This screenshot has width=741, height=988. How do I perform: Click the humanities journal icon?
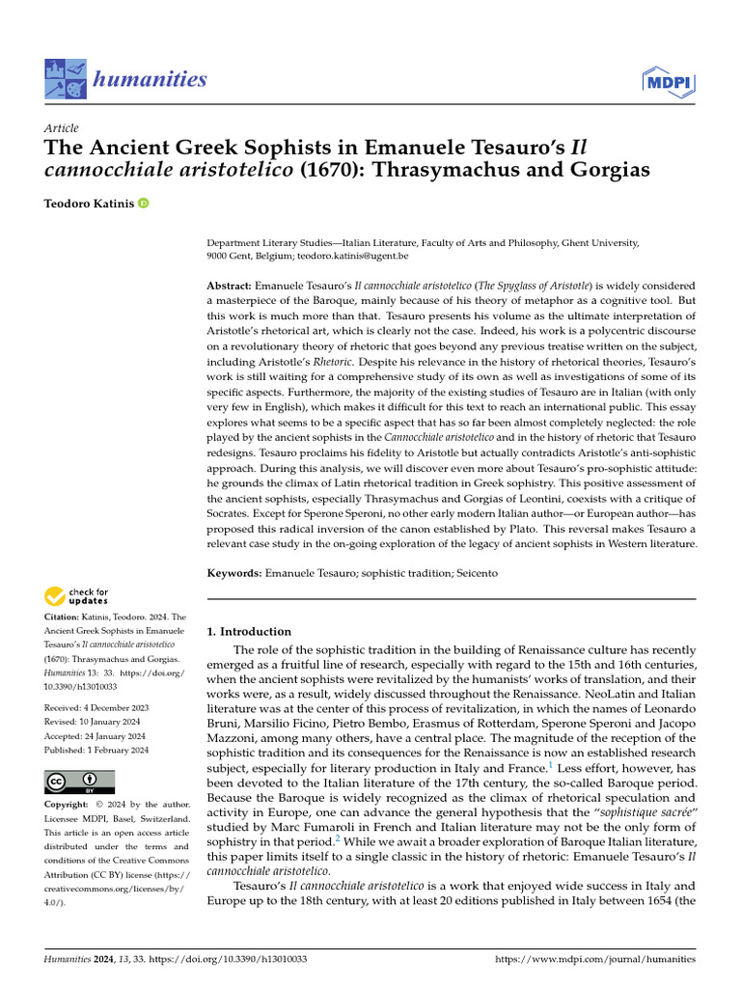pyautogui.click(x=64, y=80)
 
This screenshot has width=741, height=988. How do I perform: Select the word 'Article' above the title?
pyautogui.click(x=62, y=128)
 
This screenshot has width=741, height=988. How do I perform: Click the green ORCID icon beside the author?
pyautogui.click(x=144, y=204)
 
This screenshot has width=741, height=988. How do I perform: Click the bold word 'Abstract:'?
pyautogui.click(x=230, y=287)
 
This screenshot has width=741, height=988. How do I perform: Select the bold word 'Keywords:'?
pyautogui.click(x=234, y=573)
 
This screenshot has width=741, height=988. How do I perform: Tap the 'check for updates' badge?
pyautogui.click(x=76, y=595)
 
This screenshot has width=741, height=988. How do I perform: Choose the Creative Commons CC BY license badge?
pyautogui.click(x=79, y=782)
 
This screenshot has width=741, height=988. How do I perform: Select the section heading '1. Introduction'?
pyautogui.click(x=249, y=632)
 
